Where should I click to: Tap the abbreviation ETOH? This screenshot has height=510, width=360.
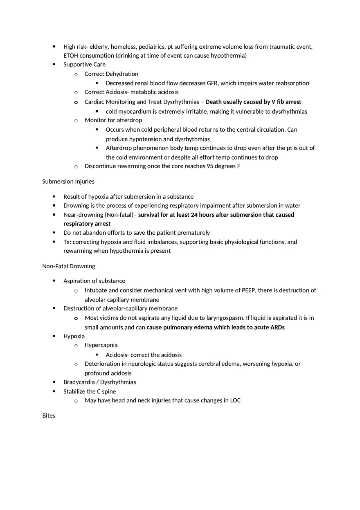click(71, 56)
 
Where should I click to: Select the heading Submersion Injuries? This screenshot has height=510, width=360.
click(68, 181)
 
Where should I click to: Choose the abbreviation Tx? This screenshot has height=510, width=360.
click(67, 242)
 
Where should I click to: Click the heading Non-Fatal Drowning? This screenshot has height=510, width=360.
click(69, 266)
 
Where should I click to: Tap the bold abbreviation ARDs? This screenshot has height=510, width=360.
click(277, 327)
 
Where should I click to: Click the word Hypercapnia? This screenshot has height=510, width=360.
click(101, 345)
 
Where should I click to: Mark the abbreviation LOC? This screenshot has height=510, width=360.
click(235, 400)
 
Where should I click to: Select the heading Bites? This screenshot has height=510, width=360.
click(49, 416)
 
